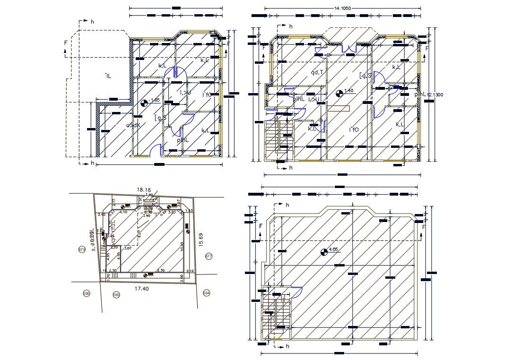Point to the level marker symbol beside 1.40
click(x=339, y=94)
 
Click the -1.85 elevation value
click(x=154, y=100)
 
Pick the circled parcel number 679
click(x=82, y=249)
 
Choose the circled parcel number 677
click(x=209, y=256)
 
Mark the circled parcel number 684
click(x=206, y=293)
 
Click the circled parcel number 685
click(x=116, y=295)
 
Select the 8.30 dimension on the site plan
click(x=161, y=270)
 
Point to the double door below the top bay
click(x=349, y=48)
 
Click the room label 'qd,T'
click(x=316, y=72)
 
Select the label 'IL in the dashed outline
click(x=108, y=76)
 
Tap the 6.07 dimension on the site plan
click(x=139, y=233)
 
